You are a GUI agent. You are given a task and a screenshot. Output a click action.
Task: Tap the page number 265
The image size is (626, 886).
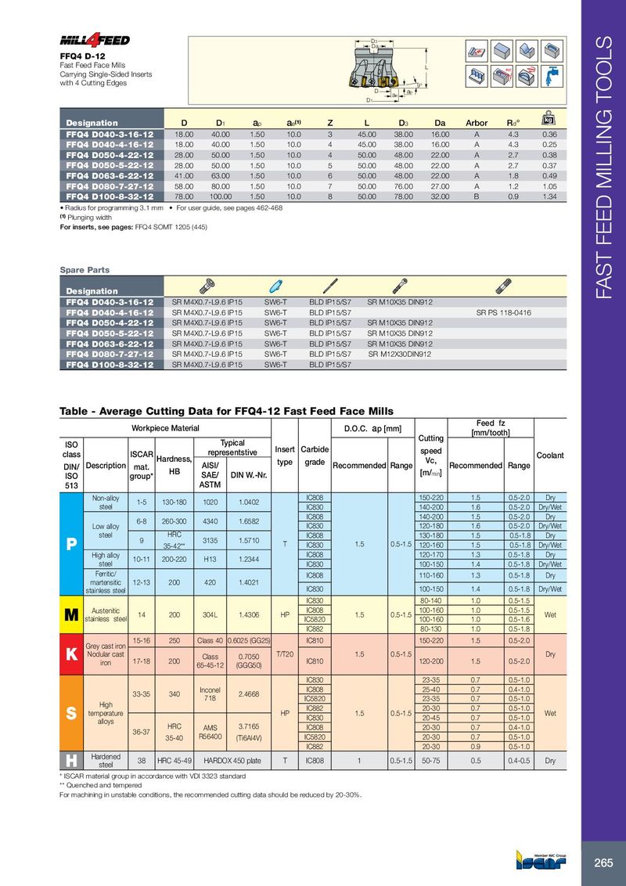(603, 863)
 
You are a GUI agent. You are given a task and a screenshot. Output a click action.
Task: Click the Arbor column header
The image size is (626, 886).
(477, 123)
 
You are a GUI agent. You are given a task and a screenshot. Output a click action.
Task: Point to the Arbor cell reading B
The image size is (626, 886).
(477, 196)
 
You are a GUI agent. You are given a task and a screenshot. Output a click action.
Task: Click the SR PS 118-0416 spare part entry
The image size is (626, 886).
(503, 312)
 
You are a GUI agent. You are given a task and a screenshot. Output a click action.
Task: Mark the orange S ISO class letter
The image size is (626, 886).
(72, 715)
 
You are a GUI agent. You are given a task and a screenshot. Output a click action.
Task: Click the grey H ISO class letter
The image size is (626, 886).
(72, 759)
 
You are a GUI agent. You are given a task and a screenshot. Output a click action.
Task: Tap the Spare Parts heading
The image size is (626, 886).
(85, 270)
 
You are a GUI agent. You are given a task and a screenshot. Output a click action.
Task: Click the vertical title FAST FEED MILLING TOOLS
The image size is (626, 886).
(603, 168)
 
